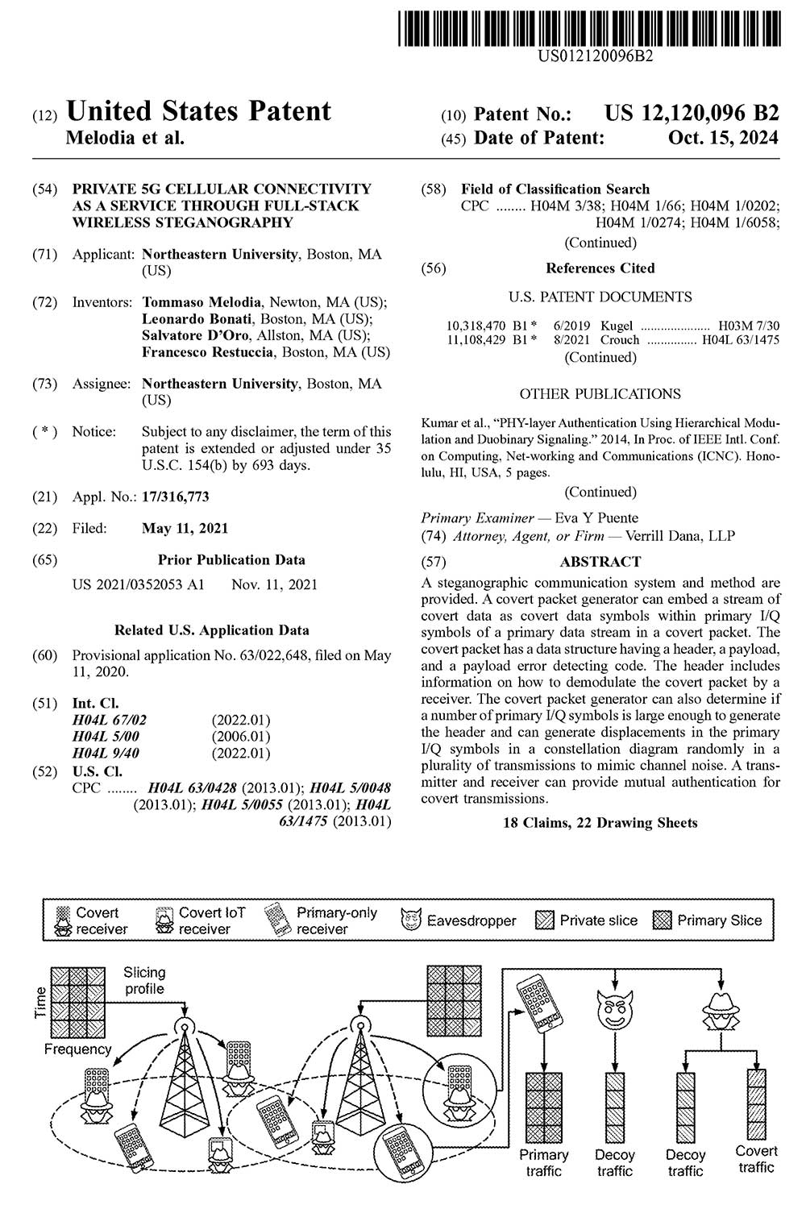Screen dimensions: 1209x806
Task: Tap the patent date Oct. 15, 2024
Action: (x=723, y=138)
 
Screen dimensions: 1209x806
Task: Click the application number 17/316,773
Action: (x=175, y=496)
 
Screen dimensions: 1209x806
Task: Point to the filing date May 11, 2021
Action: (x=185, y=529)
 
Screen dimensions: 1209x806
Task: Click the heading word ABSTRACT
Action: (x=600, y=562)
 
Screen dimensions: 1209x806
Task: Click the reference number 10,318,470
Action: (x=476, y=326)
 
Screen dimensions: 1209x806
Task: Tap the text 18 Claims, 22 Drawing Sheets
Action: (x=600, y=823)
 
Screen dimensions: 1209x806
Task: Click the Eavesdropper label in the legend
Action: (x=471, y=920)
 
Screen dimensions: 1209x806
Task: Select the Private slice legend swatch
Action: (x=546, y=920)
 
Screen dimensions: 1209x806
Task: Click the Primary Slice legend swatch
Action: (x=663, y=920)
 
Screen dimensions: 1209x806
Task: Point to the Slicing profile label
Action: (x=144, y=980)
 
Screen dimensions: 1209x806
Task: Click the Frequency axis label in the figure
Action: (x=77, y=1049)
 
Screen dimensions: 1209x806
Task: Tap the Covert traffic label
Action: (x=756, y=1159)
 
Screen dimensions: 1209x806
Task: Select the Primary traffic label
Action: (x=544, y=1162)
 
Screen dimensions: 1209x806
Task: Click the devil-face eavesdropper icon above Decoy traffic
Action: (x=615, y=1008)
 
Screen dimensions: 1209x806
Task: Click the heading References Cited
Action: (x=600, y=268)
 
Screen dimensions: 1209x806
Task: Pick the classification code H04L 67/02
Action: (x=110, y=720)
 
